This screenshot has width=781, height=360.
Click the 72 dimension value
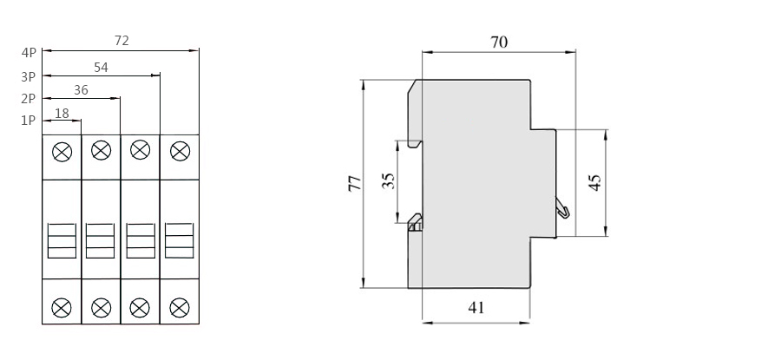tap(122, 40)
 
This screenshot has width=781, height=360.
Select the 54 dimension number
tap(102, 66)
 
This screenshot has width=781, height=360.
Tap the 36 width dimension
tap(81, 88)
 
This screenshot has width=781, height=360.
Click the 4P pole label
tap(29, 52)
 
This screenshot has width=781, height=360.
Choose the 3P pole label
tap(29, 75)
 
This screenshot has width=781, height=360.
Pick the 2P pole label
tap(29, 98)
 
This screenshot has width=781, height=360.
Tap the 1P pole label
tap(29, 121)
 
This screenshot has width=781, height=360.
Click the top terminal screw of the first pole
tap(62, 152)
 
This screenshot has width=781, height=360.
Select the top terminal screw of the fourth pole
tap(179, 152)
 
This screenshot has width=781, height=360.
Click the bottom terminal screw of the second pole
tap(101, 305)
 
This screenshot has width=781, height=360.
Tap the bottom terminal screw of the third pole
tap(140, 305)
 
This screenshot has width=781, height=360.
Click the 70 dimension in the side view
tap(498, 41)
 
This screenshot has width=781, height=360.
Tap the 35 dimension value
tap(388, 180)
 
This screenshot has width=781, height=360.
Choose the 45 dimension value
tap(594, 182)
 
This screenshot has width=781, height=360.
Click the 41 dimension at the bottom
tap(476, 307)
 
